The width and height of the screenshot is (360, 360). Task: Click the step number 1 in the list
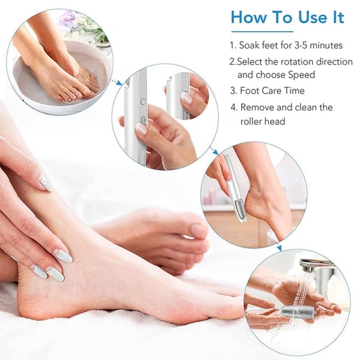[233, 45]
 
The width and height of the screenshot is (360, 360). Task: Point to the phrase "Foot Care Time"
[273, 91]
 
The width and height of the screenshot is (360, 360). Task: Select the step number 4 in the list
[233, 107]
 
